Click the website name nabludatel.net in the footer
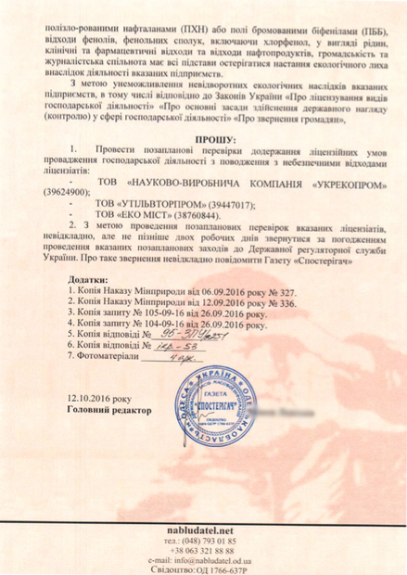(203, 528)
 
